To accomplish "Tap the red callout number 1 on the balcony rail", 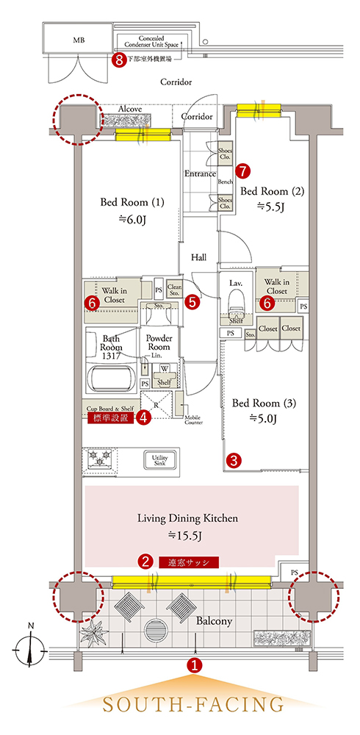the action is click(x=192, y=664).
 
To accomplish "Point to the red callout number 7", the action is click(x=242, y=171).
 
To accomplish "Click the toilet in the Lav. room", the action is click(x=235, y=301).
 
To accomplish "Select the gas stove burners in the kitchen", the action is click(x=99, y=457).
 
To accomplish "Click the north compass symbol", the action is click(x=30, y=650).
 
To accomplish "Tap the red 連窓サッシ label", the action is click(x=189, y=562).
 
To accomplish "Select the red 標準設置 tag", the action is click(x=110, y=418).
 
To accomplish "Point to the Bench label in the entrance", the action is click(x=226, y=181).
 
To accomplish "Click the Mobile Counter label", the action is click(x=193, y=420).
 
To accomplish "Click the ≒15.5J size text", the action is click(x=187, y=534).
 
